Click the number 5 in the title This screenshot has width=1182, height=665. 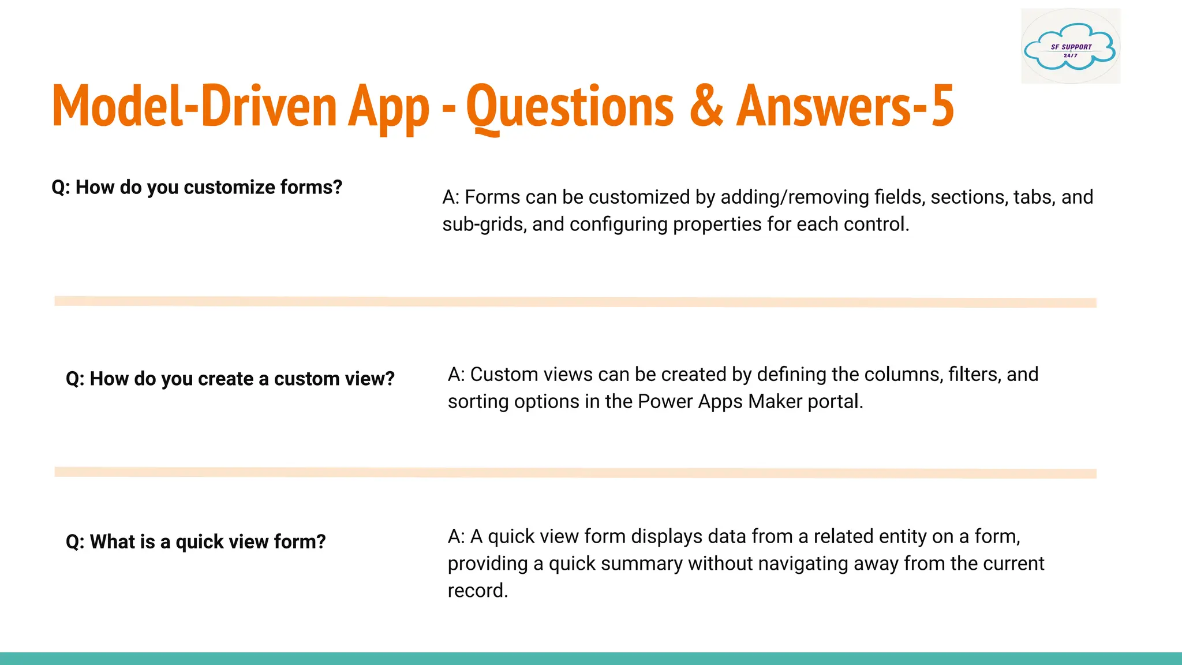click(942, 106)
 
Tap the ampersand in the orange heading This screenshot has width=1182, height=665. click(706, 106)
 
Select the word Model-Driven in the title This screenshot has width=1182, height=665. click(194, 106)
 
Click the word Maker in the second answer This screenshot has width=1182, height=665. click(775, 401)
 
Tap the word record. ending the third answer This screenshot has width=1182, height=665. click(477, 591)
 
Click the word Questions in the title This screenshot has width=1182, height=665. click(570, 106)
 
